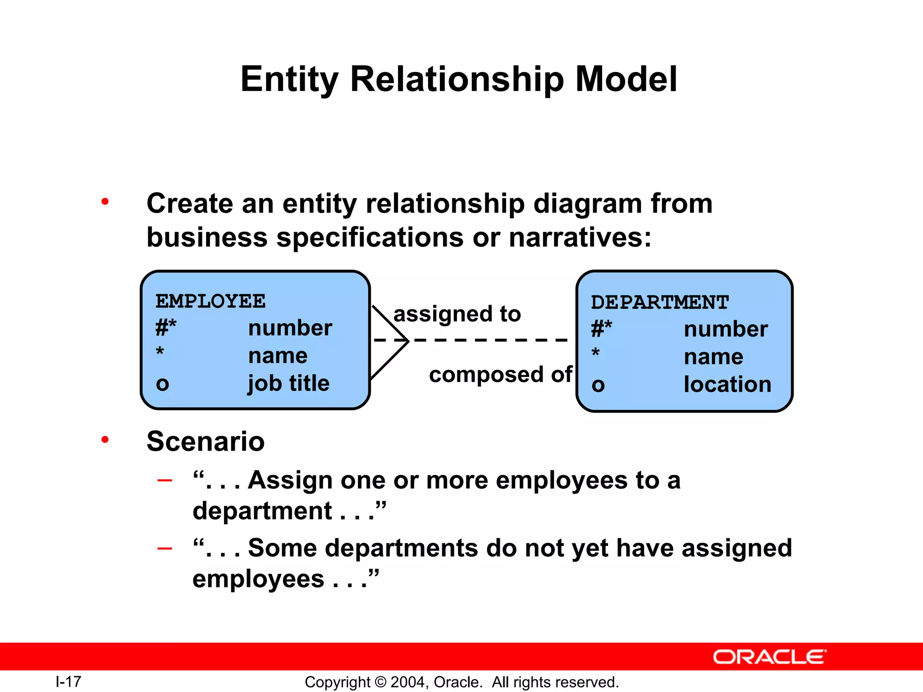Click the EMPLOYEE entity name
(x=210, y=301)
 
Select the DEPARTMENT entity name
(x=659, y=302)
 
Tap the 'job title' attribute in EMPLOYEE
(x=289, y=383)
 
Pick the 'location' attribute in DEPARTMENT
(x=727, y=384)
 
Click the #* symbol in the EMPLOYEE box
(x=166, y=328)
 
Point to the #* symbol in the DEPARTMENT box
(x=602, y=329)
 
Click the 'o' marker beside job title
(x=162, y=384)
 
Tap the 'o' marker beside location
(x=598, y=385)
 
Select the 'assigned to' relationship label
(x=457, y=314)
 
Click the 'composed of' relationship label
(x=500, y=374)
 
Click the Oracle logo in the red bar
(x=769, y=657)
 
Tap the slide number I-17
(x=68, y=682)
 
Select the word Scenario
(x=206, y=441)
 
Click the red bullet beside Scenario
(x=105, y=439)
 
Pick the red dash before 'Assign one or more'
(x=164, y=480)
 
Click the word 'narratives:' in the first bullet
(x=580, y=237)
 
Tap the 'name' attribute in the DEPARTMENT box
(x=713, y=357)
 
